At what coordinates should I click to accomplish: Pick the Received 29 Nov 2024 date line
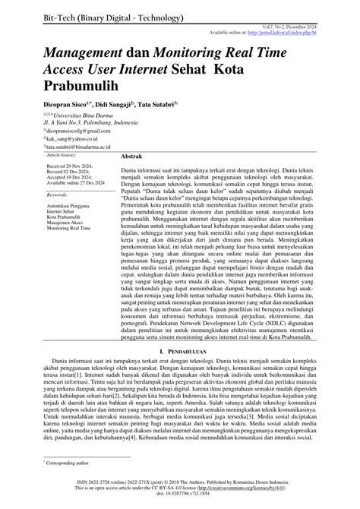click(x=69, y=186)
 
